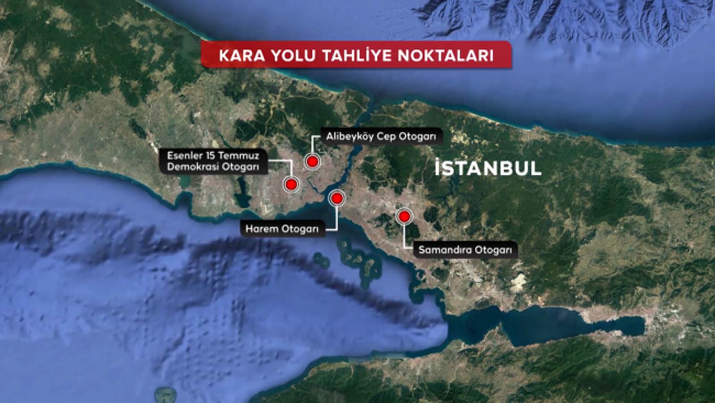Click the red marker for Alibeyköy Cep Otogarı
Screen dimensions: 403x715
point(312,161)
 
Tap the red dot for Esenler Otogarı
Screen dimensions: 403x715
point(292,184)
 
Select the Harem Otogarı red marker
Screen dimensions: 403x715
point(336,198)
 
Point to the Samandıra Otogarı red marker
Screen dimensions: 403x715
point(404,217)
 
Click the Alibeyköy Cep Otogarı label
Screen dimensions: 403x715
point(381,136)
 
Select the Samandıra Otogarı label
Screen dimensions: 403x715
point(465,250)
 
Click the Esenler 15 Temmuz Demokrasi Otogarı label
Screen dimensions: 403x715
point(213,161)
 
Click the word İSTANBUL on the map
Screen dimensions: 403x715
point(488,168)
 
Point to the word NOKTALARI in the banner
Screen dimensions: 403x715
point(446,56)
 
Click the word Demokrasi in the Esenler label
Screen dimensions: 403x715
point(189,167)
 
